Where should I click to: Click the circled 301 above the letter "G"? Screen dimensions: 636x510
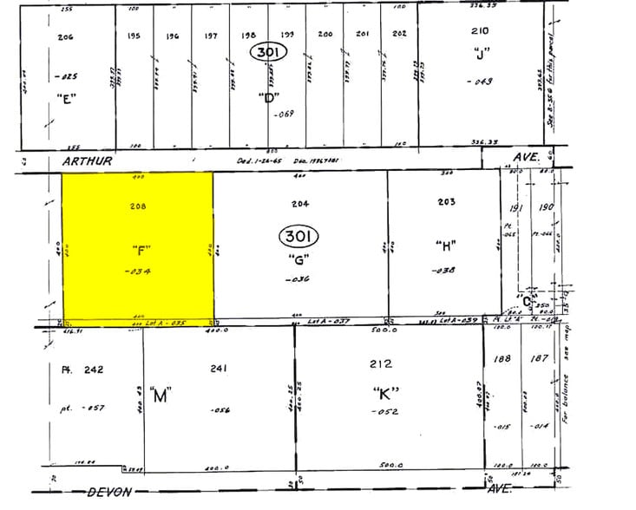coord(298,236)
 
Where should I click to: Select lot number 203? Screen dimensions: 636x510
coord(446,201)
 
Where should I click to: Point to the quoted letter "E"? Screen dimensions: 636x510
coord(65,97)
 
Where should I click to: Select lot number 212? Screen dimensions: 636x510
coord(381,363)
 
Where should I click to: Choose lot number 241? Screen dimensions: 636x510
coord(219,369)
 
